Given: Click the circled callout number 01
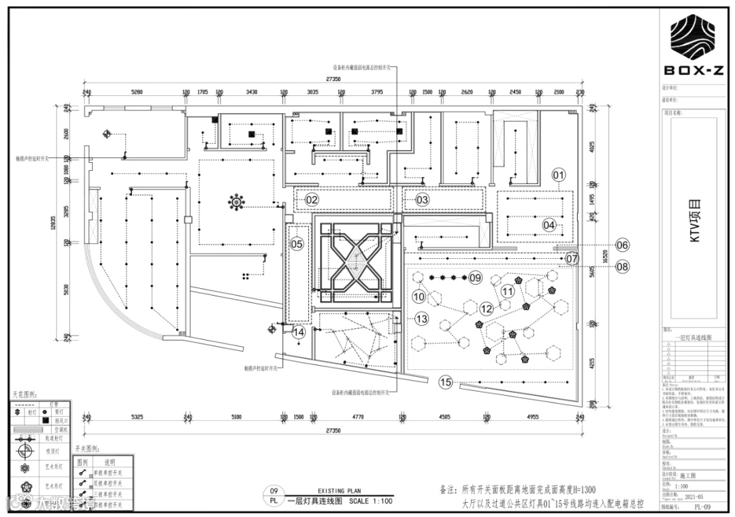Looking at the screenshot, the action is click(559, 175).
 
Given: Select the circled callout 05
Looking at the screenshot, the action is click(296, 243).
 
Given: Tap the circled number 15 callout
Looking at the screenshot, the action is click(446, 381).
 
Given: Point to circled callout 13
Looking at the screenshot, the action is click(421, 318).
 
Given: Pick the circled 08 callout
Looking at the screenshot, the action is click(623, 267).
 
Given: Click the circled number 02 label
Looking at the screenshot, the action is click(312, 200).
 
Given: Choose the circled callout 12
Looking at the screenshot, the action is click(485, 309).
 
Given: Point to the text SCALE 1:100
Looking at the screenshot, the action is click(371, 501).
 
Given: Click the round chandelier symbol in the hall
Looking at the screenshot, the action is click(236, 201).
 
